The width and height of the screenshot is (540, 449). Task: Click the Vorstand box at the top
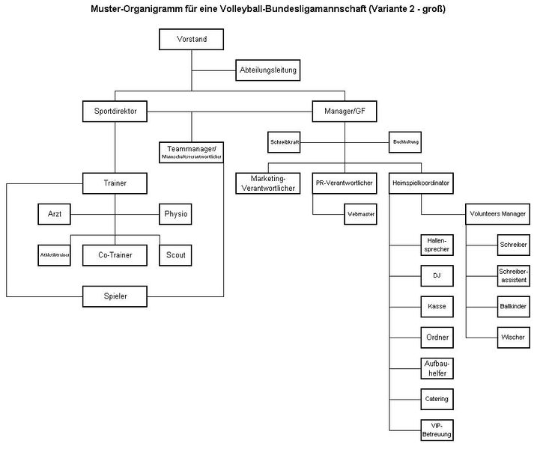click(192, 39)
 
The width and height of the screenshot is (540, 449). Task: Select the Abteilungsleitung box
click(268, 70)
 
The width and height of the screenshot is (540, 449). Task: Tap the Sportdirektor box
click(115, 112)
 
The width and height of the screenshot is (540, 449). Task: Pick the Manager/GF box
click(345, 112)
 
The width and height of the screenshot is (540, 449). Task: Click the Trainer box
click(115, 182)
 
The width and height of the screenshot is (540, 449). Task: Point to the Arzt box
click(55, 215)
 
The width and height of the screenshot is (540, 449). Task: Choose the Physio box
click(176, 215)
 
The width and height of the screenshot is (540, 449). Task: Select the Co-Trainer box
click(115, 255)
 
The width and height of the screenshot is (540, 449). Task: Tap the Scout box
click(176, 255)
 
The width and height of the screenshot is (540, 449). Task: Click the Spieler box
click(115, 296)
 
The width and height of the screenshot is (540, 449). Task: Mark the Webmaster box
click(361, 214)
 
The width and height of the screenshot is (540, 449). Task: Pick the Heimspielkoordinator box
click(420, 182)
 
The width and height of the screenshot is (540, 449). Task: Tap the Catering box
click(436, 399)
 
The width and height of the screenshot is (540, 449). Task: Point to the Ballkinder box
click(513, 306)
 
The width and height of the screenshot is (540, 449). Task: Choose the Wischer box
click(513, 337)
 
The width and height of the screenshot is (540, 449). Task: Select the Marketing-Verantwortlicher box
click(268, 183)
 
